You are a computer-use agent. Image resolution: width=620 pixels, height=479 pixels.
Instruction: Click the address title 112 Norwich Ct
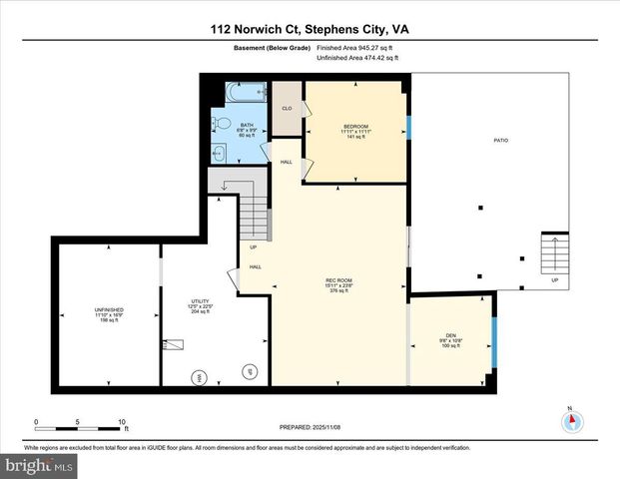pos(310,29)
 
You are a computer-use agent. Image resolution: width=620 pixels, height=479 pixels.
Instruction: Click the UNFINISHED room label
pos(109,310)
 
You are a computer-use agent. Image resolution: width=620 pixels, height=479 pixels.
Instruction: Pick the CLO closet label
pos(286,108)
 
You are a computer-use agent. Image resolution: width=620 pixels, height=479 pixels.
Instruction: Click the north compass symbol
pos(570,420)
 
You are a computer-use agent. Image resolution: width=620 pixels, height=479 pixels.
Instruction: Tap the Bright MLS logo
pos(37,465)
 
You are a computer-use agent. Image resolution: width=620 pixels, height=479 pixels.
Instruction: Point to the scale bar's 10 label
pos(121,422)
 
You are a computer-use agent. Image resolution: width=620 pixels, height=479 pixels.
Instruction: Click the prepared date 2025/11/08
pos(310,426)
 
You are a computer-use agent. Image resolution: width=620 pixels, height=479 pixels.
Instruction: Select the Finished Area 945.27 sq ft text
pos(356,47)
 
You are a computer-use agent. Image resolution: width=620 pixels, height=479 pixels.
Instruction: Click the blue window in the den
pos(494,342)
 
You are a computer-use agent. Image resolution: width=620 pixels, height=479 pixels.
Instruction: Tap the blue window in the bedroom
pos(407,128)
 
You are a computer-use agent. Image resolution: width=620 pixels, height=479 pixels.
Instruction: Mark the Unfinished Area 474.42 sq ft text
pos(356,59)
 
